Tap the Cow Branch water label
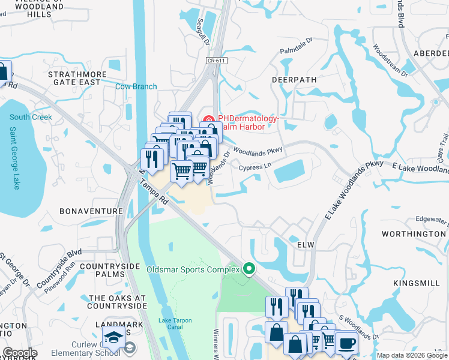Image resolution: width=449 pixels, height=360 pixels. pos(136,86)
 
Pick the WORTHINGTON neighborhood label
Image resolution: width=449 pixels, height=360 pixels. pos(419,233)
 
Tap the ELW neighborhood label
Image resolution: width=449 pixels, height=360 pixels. pos(306,245)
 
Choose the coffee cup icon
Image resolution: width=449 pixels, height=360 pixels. pos(348,344)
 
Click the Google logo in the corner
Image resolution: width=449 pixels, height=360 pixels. pos(20,352)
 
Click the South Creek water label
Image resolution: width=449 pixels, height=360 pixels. pos(31,117)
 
